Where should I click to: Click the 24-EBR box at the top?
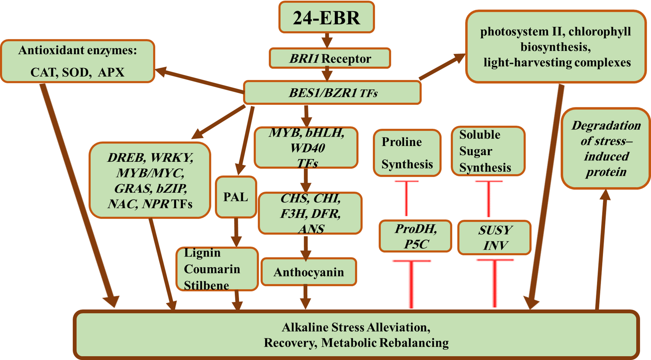326,18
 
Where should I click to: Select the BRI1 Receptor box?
330,58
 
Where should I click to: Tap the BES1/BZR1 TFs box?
332,93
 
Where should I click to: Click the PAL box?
236,197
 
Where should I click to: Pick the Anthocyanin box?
309,272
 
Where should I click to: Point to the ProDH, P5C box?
415,236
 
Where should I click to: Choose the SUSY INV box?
494,238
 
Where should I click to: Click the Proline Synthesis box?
407,153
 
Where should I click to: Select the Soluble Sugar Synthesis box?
488,151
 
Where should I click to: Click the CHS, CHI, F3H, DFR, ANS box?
310,213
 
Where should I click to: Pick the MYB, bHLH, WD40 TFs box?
306,148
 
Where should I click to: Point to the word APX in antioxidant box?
111,72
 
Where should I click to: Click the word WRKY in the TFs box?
172,158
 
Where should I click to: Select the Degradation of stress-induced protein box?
606,149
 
